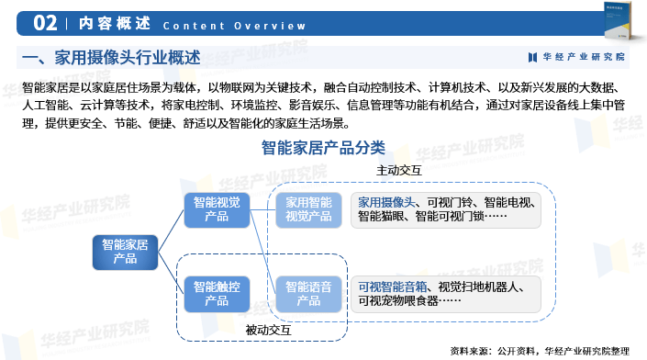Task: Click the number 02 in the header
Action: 46,23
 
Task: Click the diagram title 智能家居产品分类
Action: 323,147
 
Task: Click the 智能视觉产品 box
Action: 217,208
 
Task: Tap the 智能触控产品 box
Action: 217,293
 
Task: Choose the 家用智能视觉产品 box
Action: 308,208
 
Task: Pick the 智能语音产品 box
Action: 308,293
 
